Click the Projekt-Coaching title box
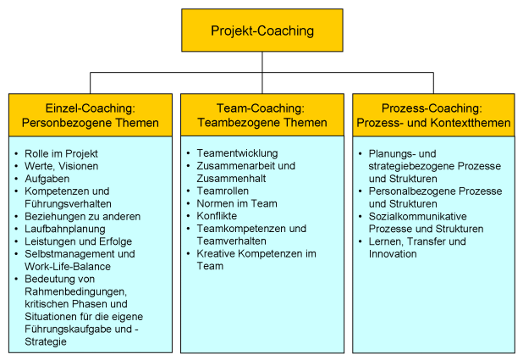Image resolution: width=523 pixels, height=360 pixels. (x=261, y=31)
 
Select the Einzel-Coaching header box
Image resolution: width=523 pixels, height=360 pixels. (x=90, y=115)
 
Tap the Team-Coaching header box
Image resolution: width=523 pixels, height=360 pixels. (x=261, y=115)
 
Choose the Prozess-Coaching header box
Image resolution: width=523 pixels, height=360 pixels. (x=433, y=115)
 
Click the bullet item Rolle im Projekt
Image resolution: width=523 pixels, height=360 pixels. (x=62, y=153)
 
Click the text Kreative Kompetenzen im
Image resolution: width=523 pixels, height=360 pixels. (x=256, y=253)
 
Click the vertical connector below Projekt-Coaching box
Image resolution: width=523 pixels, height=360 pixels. (x=261, y=64)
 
